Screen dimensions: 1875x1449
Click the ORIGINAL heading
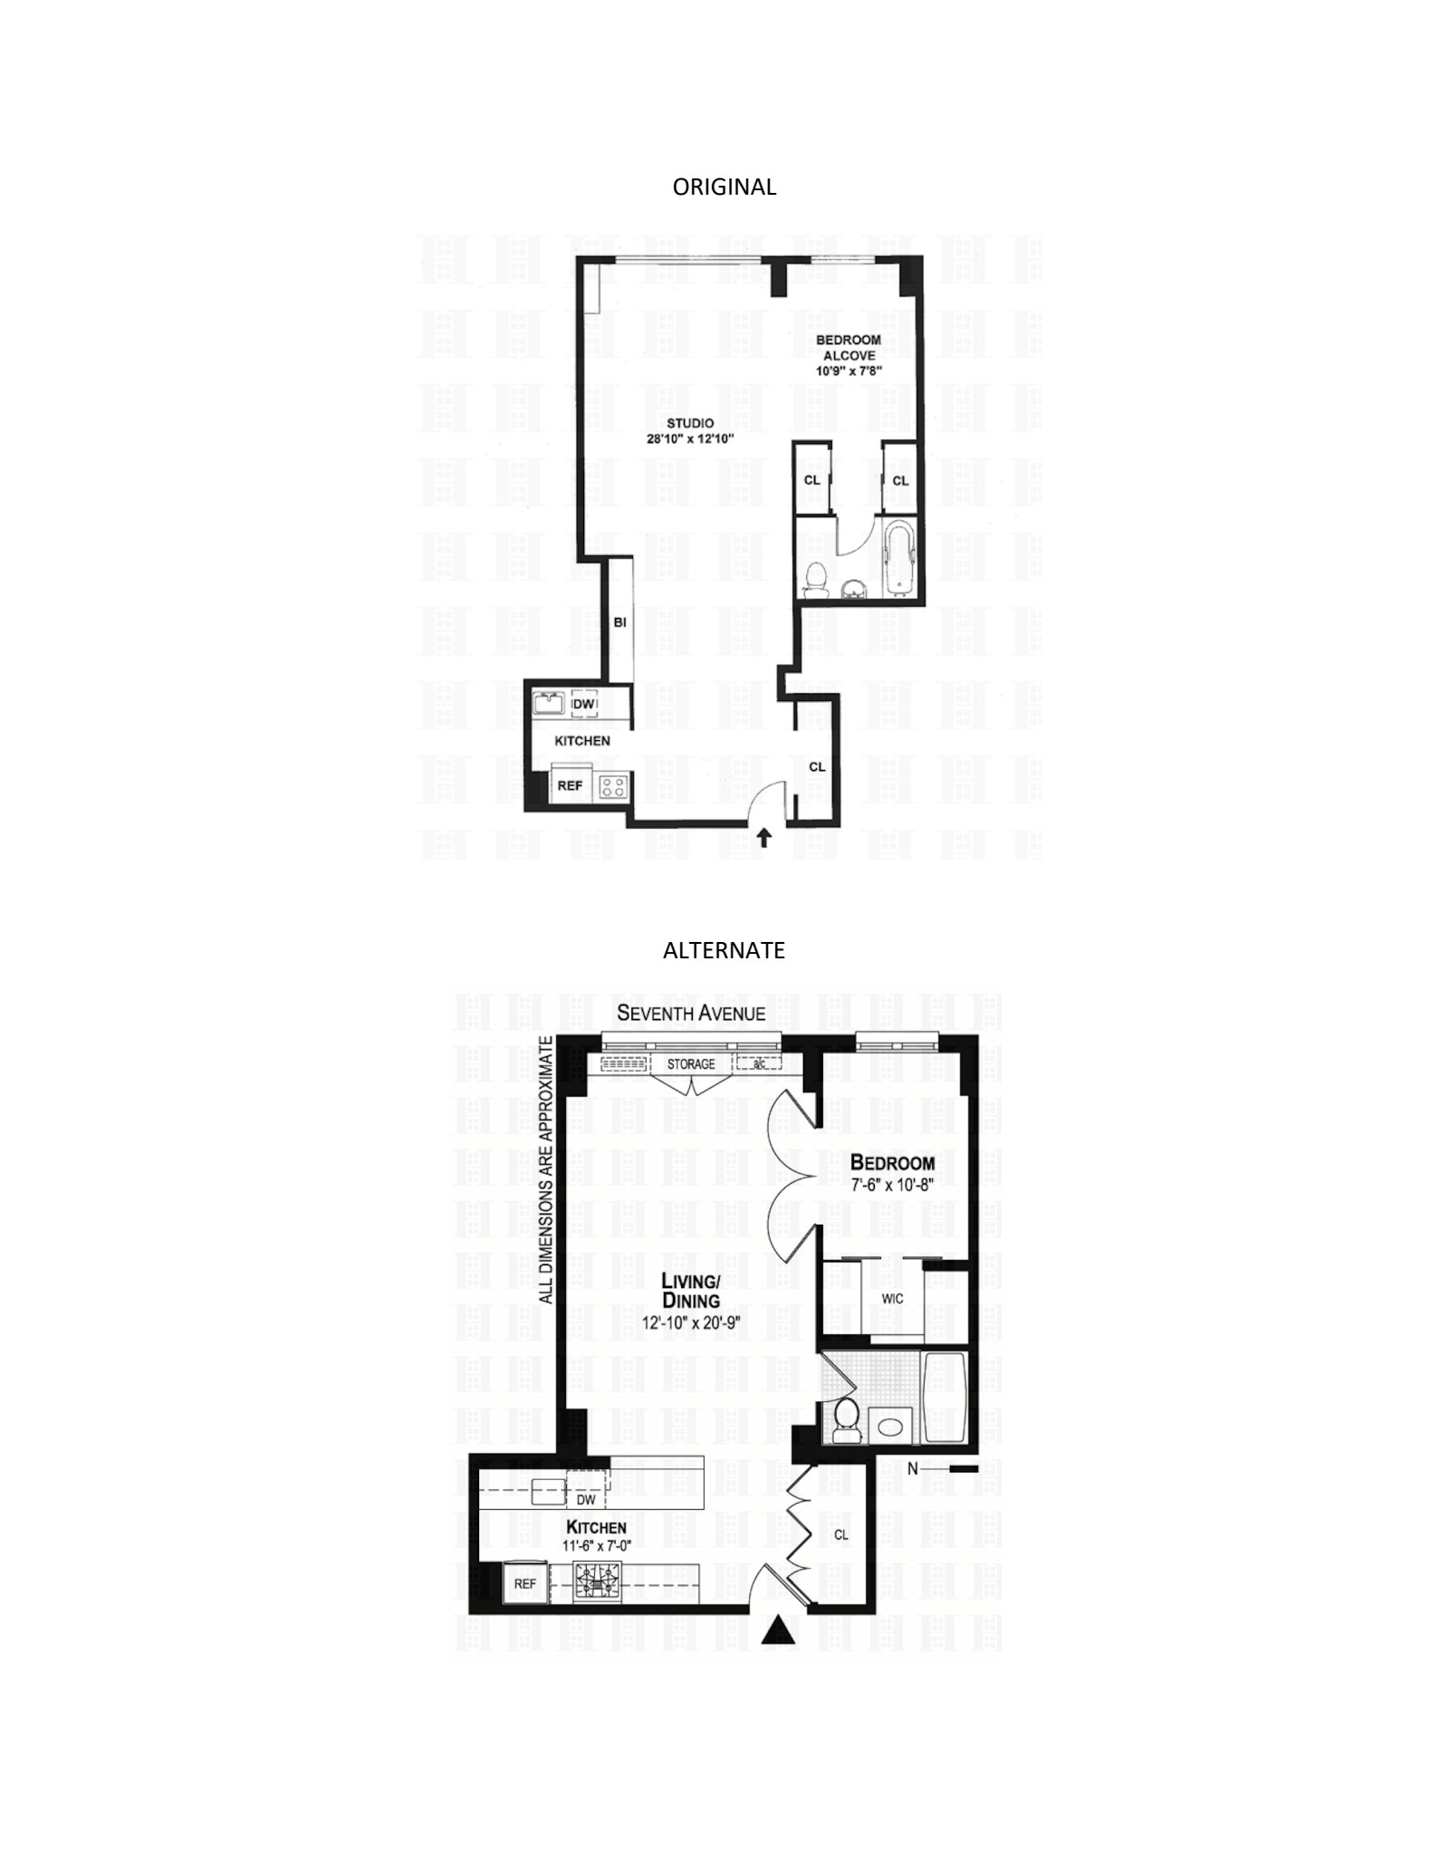(724, 187)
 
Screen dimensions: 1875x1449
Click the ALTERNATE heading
(724, 950)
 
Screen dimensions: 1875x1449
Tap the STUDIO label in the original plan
(690, 423)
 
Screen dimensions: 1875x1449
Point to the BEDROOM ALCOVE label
(848, 348)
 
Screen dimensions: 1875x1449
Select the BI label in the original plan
(619, 622)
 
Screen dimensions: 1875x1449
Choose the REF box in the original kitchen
(569, 785)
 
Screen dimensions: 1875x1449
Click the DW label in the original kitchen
(585, 704)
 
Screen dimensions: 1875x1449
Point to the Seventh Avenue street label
(691, 1013)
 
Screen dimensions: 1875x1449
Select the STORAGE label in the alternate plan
(691, 1063)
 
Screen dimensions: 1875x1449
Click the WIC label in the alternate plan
(892, 1298)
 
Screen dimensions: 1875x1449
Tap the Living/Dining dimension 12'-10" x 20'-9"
(690, 1322)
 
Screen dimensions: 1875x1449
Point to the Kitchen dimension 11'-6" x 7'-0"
(596, 1546)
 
